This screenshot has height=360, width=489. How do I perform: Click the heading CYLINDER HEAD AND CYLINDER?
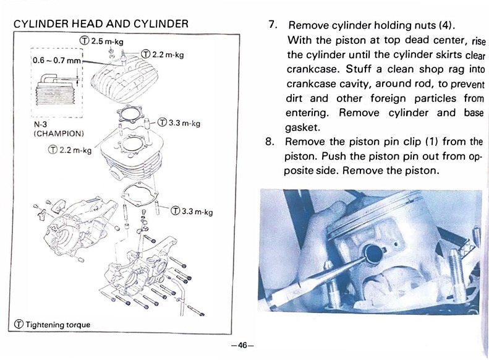tap(101, 24)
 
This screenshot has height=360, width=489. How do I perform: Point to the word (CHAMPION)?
tap(59, 133)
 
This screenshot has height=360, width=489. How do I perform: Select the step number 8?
tap(270, 140)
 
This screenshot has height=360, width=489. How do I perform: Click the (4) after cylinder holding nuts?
tap(446, 27)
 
